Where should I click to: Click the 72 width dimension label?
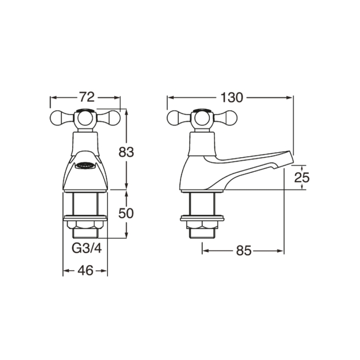pyautogui.click(x=85, y=97)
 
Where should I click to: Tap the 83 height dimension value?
pyautogui.click(x=127, y=152)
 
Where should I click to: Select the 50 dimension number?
pyautogui.click(x=127, y=213)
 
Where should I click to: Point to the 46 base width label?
pyautogui.click(x=85, y=271)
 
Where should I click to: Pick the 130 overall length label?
pyautogui.click(x=231, y=97)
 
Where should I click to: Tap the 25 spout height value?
pyautogui.click(x=301, y=177)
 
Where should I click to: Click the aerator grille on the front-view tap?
pyautogui.click(x=85, y=164)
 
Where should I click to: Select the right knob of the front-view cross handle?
pyautogui.click(x=113, y=117)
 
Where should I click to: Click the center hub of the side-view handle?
pyautogui.click(x=202, y=118)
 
